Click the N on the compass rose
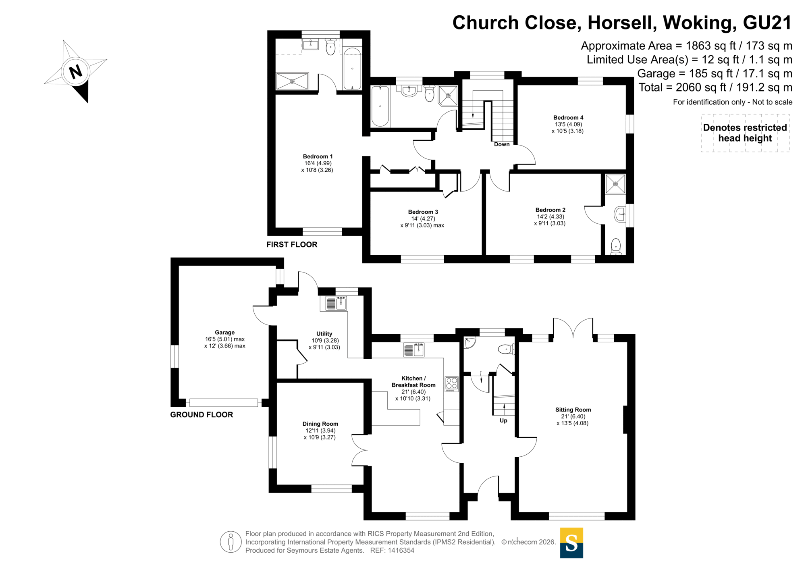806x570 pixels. tap(76, 72)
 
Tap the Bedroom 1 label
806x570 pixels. tap(318, 156)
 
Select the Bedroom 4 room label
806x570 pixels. tap(568, 118)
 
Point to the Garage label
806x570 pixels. tap(224, 333)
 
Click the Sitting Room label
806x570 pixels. tap(573, 410)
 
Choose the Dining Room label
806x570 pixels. tap(320, 424)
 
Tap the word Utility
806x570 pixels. tap(324, 334)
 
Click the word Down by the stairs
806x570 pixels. tap(502, 144)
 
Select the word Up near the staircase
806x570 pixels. tap(503, 420)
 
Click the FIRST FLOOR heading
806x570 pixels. tap(292, 245)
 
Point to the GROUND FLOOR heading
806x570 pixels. tap(201, 415)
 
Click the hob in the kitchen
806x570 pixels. tap(451, 384)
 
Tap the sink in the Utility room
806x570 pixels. tap(336, 303)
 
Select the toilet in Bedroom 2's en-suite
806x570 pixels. tap(615, 246)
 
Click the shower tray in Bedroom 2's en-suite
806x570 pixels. tap(615, 184)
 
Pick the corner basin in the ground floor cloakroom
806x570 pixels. tap(469, 342)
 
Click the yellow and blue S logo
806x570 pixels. tap(571, 543)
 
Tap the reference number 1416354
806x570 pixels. tap(401, 551)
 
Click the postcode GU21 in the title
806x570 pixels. tap(767, 23)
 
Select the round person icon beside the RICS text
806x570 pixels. tap(231, 542)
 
